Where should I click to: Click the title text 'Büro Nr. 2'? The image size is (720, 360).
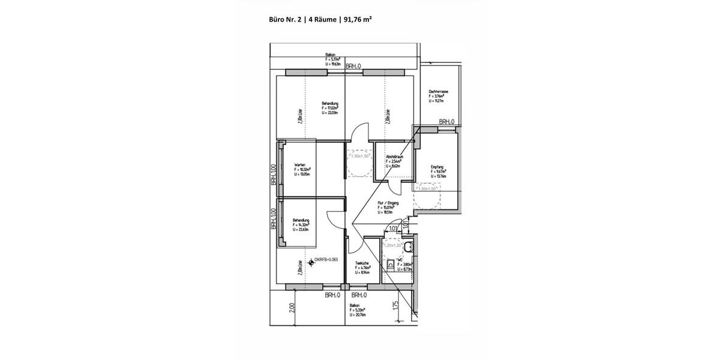point(286,19)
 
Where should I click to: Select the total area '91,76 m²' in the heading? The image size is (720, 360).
point(358,19)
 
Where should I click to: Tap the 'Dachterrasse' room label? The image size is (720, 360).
point(439,92)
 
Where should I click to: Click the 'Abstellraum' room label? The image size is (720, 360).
point(394,157)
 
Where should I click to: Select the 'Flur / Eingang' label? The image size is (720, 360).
point(388,203)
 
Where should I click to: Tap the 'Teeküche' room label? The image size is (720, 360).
point(361,263)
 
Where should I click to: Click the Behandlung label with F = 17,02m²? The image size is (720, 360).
point(330,103)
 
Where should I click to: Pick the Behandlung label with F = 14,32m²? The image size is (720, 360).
point(301,220)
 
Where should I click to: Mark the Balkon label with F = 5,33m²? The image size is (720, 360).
point(355,305)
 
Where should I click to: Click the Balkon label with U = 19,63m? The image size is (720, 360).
point(330,55)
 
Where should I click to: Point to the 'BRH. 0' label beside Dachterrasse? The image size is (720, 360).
point(446,122)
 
